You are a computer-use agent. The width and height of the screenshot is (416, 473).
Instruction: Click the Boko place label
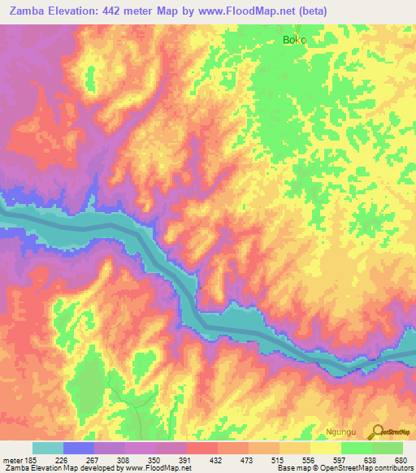click(294, 39)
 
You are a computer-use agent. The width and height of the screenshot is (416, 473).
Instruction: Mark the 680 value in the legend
click(401, 459)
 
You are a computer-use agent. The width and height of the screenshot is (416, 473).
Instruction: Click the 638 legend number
click(370, 459)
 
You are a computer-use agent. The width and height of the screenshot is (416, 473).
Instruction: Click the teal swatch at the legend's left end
click(48, 448)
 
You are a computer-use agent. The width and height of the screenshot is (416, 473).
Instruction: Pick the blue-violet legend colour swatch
click(79, 448)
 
